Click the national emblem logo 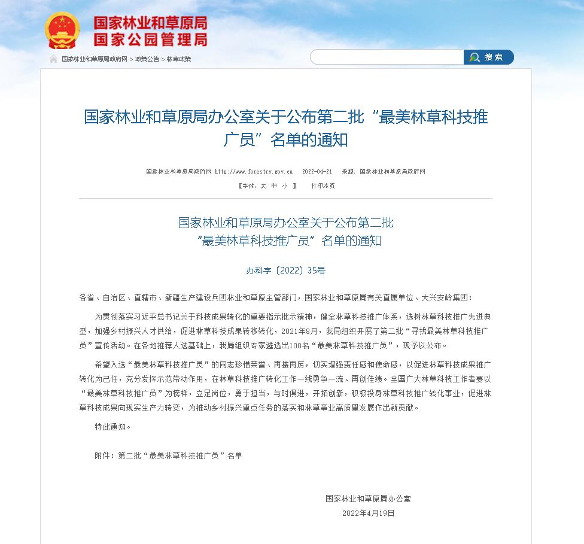(x=62, y=31)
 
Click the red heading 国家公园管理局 (x=150, y=39)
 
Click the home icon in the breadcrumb (x=54, y=59)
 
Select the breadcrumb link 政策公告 (x=147, y=59)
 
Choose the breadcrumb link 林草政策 (x=178, y=59)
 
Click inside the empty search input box (x=387, y=57)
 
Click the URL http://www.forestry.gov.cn (x=254, y=172)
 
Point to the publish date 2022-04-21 (x=317, y=172)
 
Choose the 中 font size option (x=274, y=186)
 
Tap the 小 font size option (x=285, y=186)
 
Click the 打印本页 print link (x=323, y=186)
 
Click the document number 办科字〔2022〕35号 (x=286, y=271)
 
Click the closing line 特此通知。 (x=112, y=427)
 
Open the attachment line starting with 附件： (x=168, y=455)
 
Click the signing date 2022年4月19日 (x=369, y=513)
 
